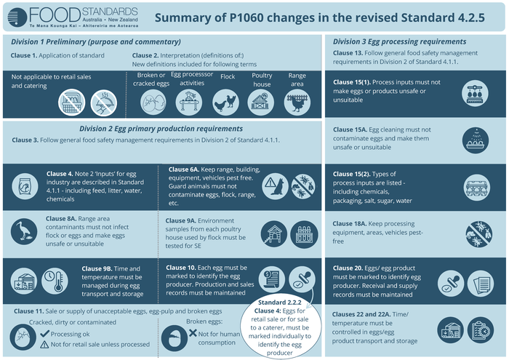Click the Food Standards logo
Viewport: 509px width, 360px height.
click(71, 16)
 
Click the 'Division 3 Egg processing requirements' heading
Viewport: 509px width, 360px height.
click(399, 41)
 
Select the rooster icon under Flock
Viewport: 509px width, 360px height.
click(228, 103)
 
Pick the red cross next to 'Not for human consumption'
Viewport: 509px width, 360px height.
click(193, 332)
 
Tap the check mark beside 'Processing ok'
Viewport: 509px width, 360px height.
click(44, 333)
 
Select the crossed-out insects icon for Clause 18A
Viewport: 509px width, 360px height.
click(478, 233)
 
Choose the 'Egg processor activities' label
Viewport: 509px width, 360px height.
click(192, 79)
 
